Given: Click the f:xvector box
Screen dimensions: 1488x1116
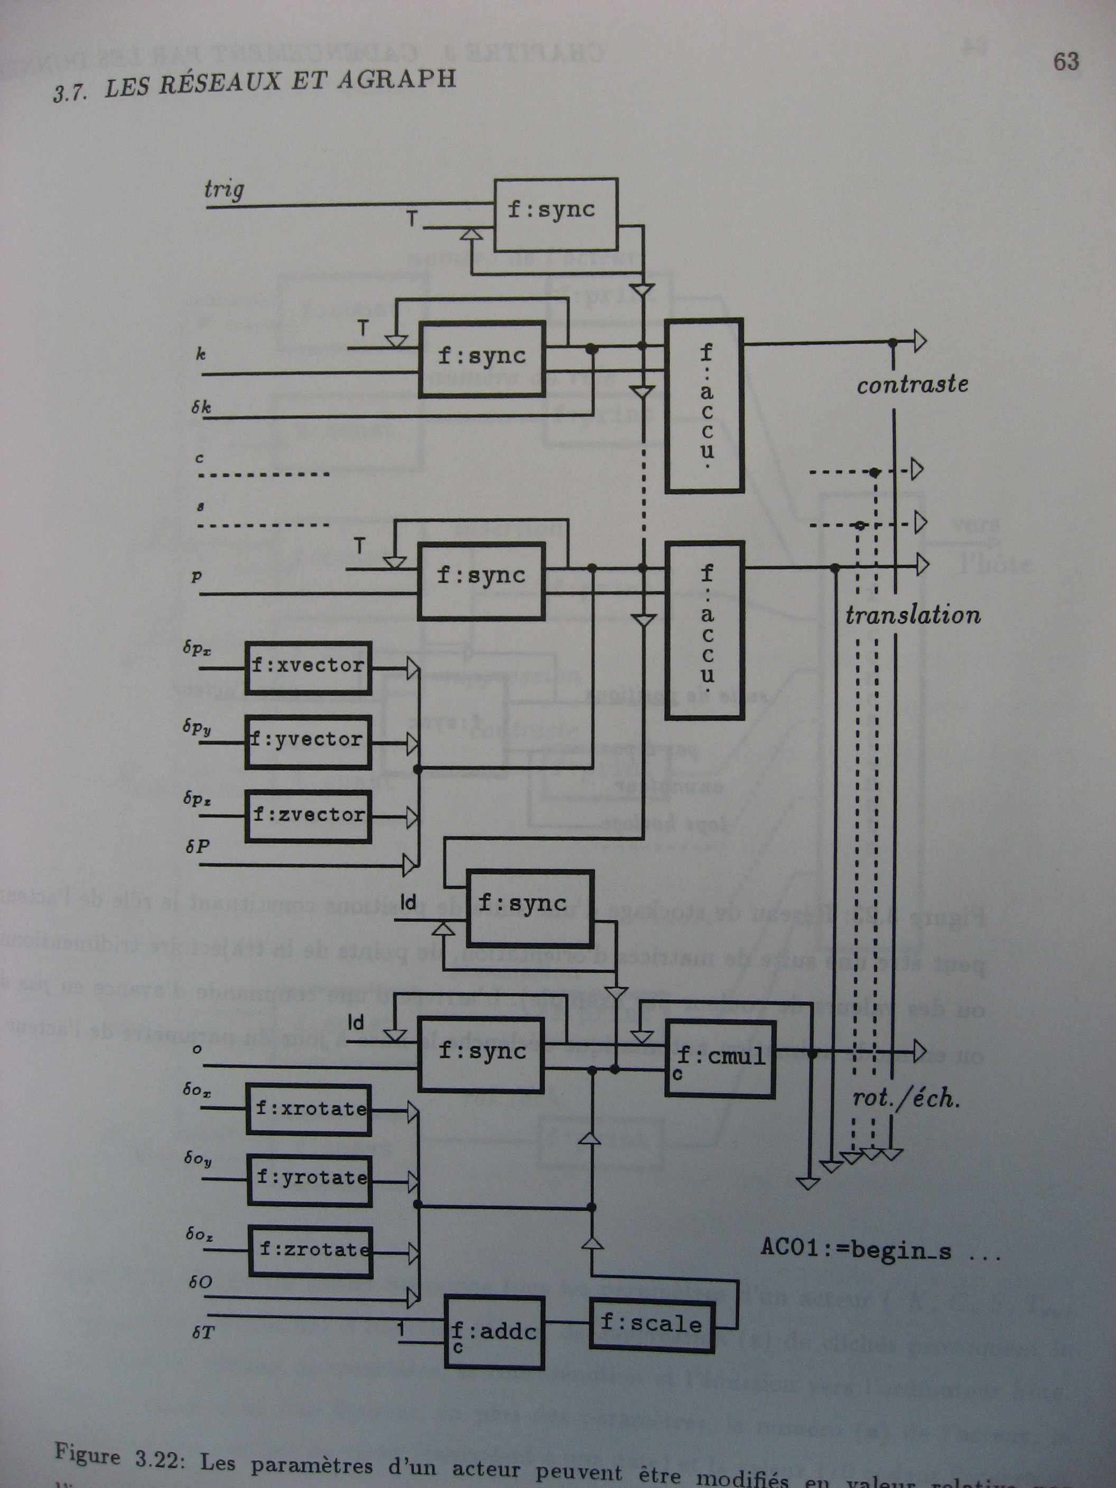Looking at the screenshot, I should [308, 667].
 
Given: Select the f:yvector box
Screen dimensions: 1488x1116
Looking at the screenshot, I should [308, 741].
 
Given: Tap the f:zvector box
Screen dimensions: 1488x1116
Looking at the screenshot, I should [308, 815].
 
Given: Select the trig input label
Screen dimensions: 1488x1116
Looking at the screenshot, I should [224, 190].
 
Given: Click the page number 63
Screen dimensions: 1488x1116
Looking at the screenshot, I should [1066, 62].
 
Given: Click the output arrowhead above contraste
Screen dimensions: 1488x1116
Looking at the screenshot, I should [919, 342].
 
